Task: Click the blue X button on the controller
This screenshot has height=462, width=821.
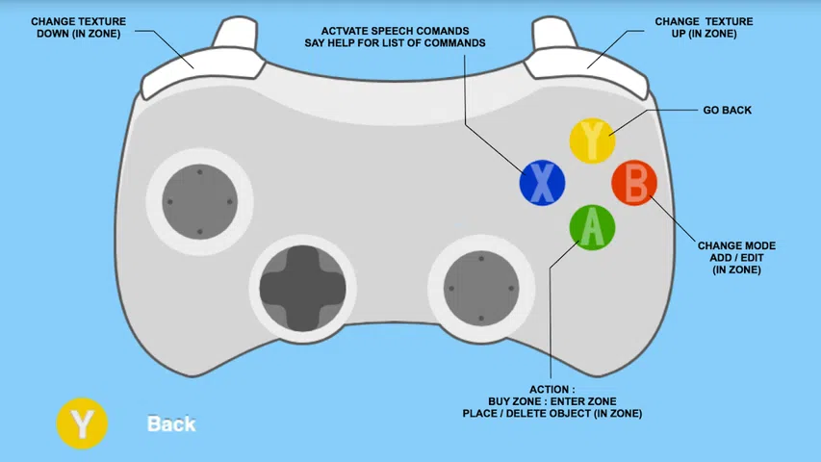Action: pos(542,183)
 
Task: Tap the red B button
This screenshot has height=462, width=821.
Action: pos(634,183)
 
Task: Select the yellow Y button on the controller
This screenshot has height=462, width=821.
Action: pos(592,141)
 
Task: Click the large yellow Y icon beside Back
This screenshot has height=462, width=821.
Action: pos(82,423)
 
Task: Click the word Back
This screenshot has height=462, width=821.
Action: pos(171,423)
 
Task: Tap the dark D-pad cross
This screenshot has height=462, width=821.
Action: pos(302,288)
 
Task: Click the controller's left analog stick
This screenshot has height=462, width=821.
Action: pos(199,202)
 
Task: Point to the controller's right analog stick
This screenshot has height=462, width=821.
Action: pos(481,288)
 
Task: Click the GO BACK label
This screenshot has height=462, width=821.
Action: pos(727,110)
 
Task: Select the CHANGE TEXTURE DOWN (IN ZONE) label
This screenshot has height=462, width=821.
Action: pos(79,27)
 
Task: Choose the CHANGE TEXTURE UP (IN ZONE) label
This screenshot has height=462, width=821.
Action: pos(704,27)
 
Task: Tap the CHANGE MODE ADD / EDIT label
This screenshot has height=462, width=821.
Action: pos(736,257)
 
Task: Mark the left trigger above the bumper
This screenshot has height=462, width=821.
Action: pos(236,33)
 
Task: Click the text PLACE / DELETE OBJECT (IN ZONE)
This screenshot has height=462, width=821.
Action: pos(552,413)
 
